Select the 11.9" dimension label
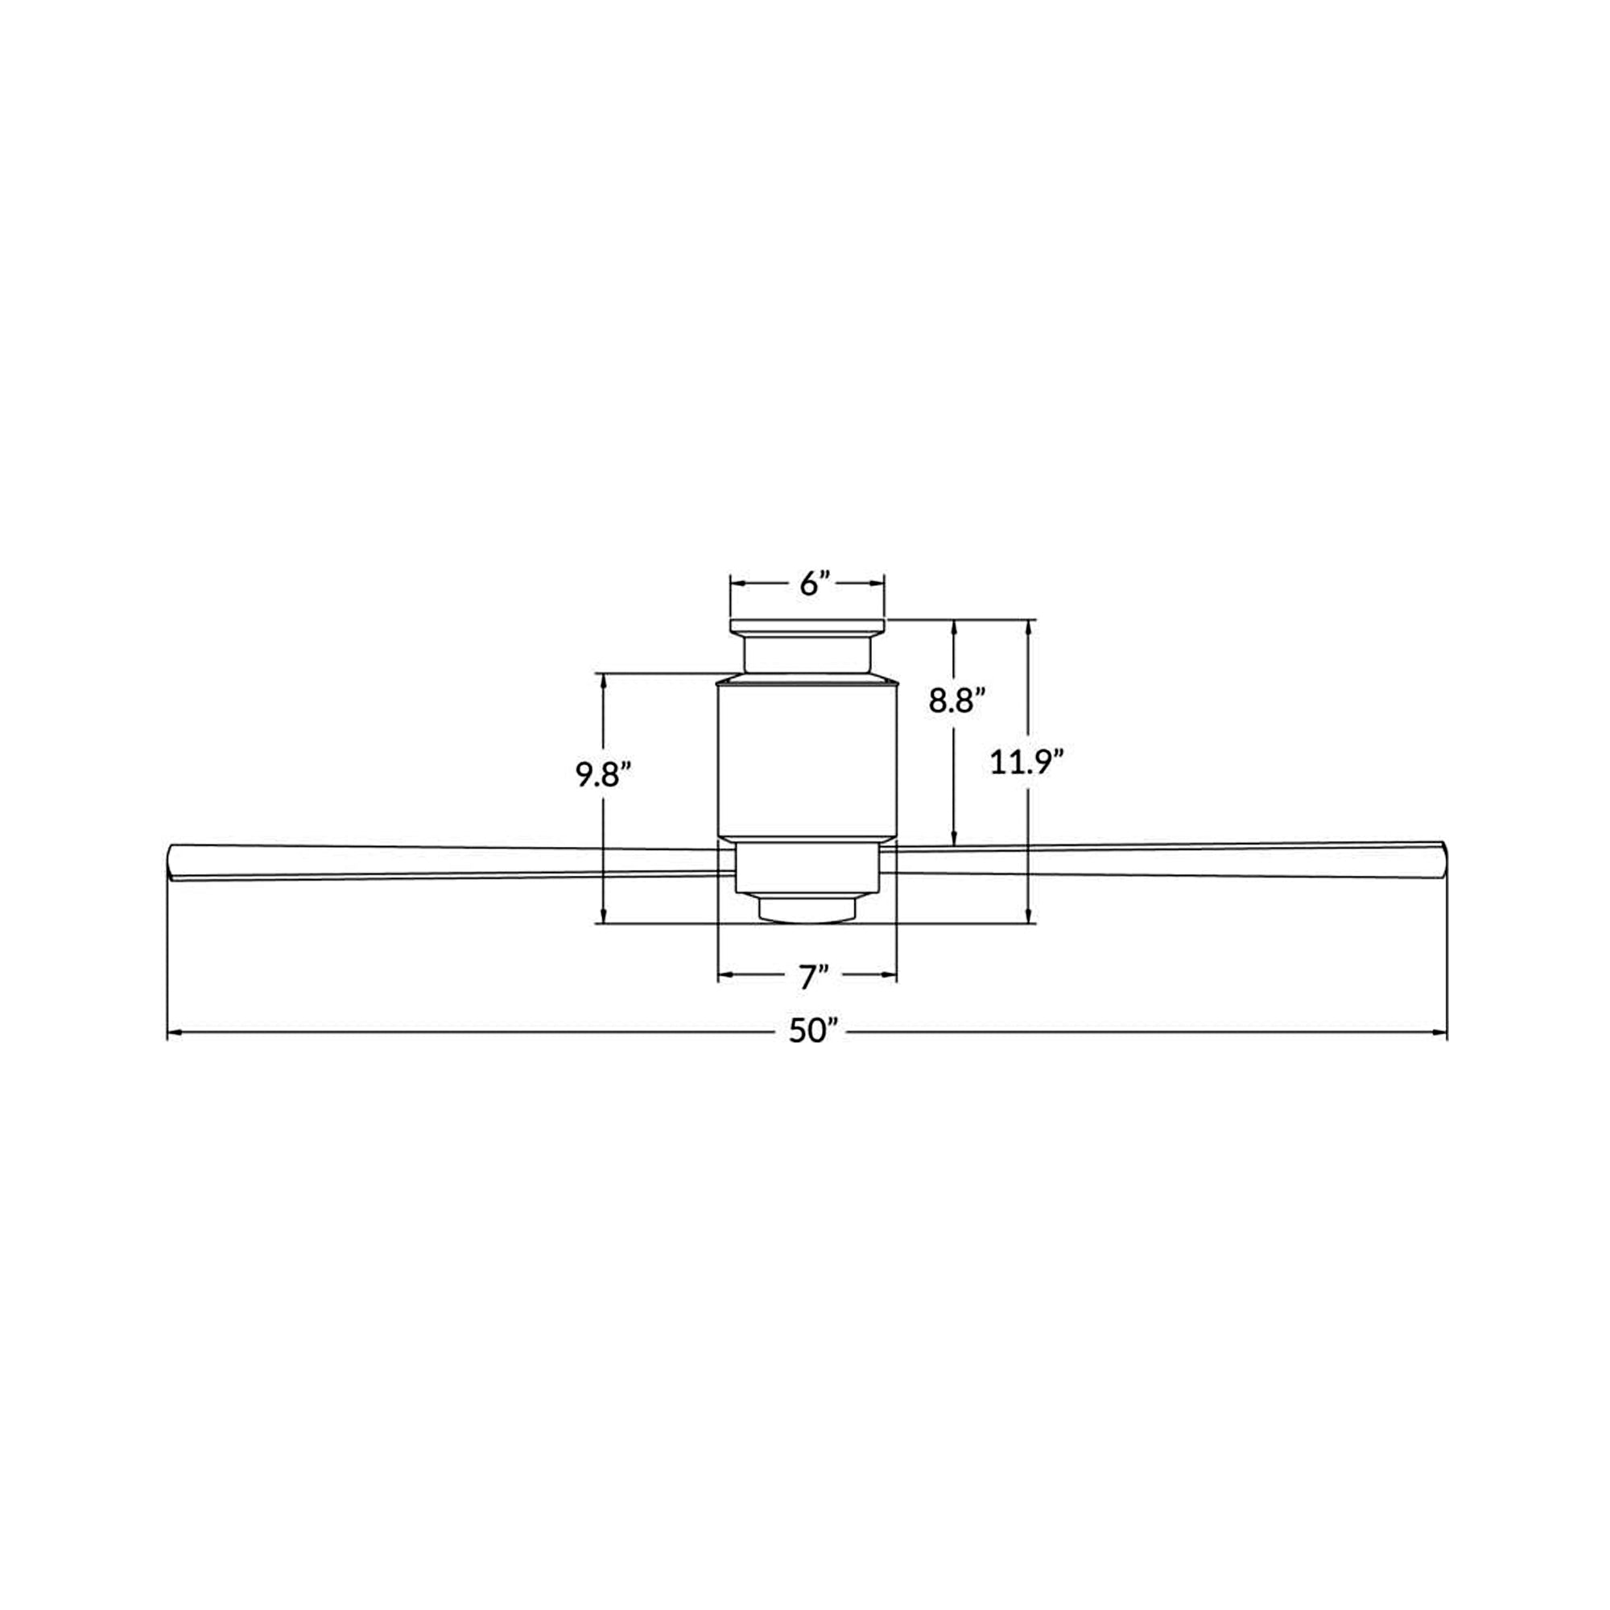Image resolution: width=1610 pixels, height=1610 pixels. click(x=1026, y=762)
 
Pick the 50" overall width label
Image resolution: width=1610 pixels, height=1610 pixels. click(x=812, y=1032)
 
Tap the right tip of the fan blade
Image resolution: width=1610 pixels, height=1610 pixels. click(x=1446, y=859)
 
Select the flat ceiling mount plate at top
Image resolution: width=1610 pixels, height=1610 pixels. click(x=807, y=625)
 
